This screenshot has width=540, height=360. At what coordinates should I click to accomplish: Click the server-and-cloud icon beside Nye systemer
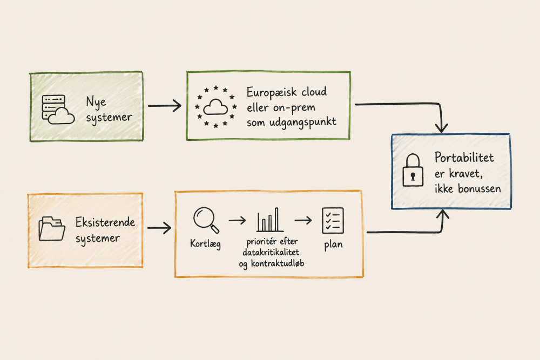(x=58, y=109)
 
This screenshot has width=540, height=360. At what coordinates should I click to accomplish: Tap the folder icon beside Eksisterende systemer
(x=52, y=228)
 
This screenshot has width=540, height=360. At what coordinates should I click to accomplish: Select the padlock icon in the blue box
(x=413, y=170)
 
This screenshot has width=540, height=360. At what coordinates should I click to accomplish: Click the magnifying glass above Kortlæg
(x=206, y=220)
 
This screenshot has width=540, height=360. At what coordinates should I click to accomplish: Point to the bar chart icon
(x=270, y=220)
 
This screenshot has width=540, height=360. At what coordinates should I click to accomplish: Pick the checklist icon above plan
(x=333, y=221)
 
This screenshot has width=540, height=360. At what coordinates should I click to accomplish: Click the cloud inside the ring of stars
(x=215, y=107)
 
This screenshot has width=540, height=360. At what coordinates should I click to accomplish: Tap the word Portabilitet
(x=464, y=157)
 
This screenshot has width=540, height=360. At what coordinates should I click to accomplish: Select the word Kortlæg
(x=205, y=243)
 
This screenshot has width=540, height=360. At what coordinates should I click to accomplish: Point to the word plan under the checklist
(x=333, y=245)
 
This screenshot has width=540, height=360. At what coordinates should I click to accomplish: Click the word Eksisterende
(x=105, y=222)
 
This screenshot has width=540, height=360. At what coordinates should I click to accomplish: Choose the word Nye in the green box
(x=96, y=102)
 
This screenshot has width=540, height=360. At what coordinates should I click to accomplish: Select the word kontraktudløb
(x=278, y=263)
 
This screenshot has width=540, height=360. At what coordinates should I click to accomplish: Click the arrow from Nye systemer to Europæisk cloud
(x=165, y=106)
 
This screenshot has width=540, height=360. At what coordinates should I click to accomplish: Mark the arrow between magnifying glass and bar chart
(x=237, y=220)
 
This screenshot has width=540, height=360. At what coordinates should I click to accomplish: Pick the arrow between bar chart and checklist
(x=303, y=220)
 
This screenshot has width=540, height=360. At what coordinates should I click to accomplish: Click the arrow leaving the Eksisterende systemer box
(x=159, y=227)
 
